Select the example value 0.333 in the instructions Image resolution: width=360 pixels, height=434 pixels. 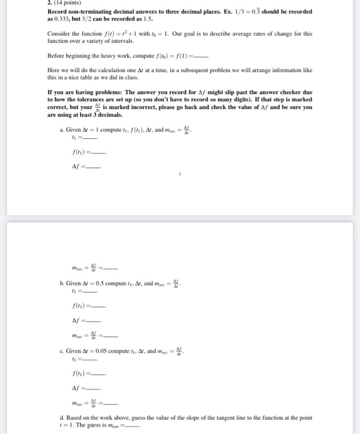point(63,19)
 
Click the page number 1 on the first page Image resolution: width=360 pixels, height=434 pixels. point(180,175)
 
